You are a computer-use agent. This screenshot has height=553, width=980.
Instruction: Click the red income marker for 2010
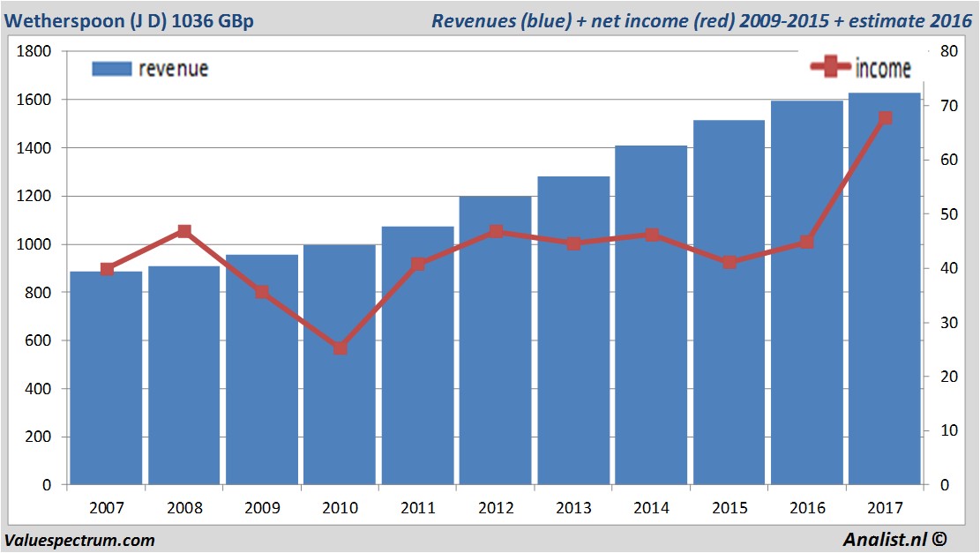click(340, 348)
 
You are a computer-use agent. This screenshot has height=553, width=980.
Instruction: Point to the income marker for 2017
click(886, 118)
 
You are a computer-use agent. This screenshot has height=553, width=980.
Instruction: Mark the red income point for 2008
click(184, 232)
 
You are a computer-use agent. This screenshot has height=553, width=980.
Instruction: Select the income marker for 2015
click(729, 262)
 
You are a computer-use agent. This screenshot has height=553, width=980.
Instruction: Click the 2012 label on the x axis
click(496, 508)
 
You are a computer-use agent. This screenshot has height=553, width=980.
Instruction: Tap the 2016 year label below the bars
click(807, 508)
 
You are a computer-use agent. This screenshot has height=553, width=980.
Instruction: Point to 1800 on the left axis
click(34, 51)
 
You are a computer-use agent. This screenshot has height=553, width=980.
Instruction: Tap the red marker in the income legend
click(831, 66)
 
